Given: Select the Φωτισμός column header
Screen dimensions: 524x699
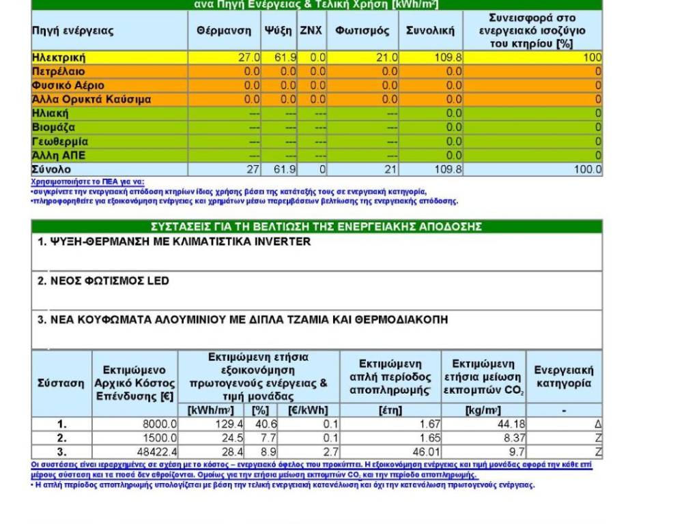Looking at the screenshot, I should tap(362, 31).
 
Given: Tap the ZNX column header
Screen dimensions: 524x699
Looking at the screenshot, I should tap(311, 31).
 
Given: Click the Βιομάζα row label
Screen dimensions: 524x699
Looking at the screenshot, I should tap(54, 128).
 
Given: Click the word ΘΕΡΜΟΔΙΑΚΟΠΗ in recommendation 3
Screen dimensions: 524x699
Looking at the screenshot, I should tap(401, 320).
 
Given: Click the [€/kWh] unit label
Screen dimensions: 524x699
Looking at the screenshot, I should tap(309, 411).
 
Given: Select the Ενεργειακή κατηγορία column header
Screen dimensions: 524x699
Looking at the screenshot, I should tap(564, 377).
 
